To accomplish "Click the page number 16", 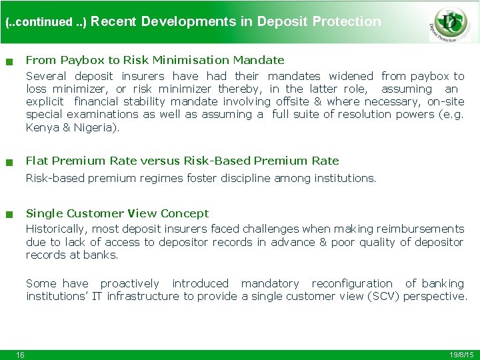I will pos(21,355).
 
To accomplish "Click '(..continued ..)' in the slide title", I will pos(46,22).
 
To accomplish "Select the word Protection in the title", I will pos(347,21).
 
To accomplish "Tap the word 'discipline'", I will pos(225,178).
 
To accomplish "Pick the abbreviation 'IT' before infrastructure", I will pos(97,296).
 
